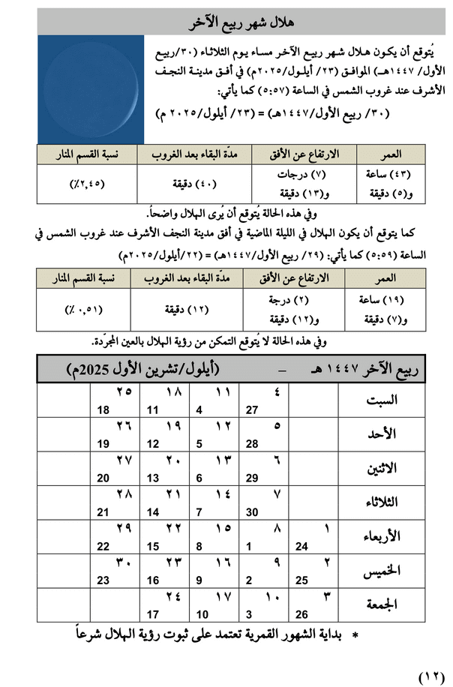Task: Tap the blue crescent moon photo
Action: [85, 89]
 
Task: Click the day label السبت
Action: [380, 400]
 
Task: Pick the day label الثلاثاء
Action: [379, 502]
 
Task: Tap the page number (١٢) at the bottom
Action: [430, 676]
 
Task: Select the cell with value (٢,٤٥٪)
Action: [85, 182]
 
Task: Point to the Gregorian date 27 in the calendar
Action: [252, 410]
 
